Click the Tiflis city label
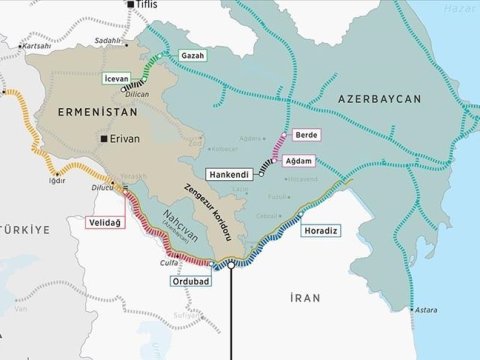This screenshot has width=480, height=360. coord(148,6)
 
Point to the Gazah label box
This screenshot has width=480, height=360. coord(193,55)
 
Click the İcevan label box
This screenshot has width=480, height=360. coord(117,76)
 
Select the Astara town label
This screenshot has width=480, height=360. coord(426,311)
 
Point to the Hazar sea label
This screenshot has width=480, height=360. coord(462,6)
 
